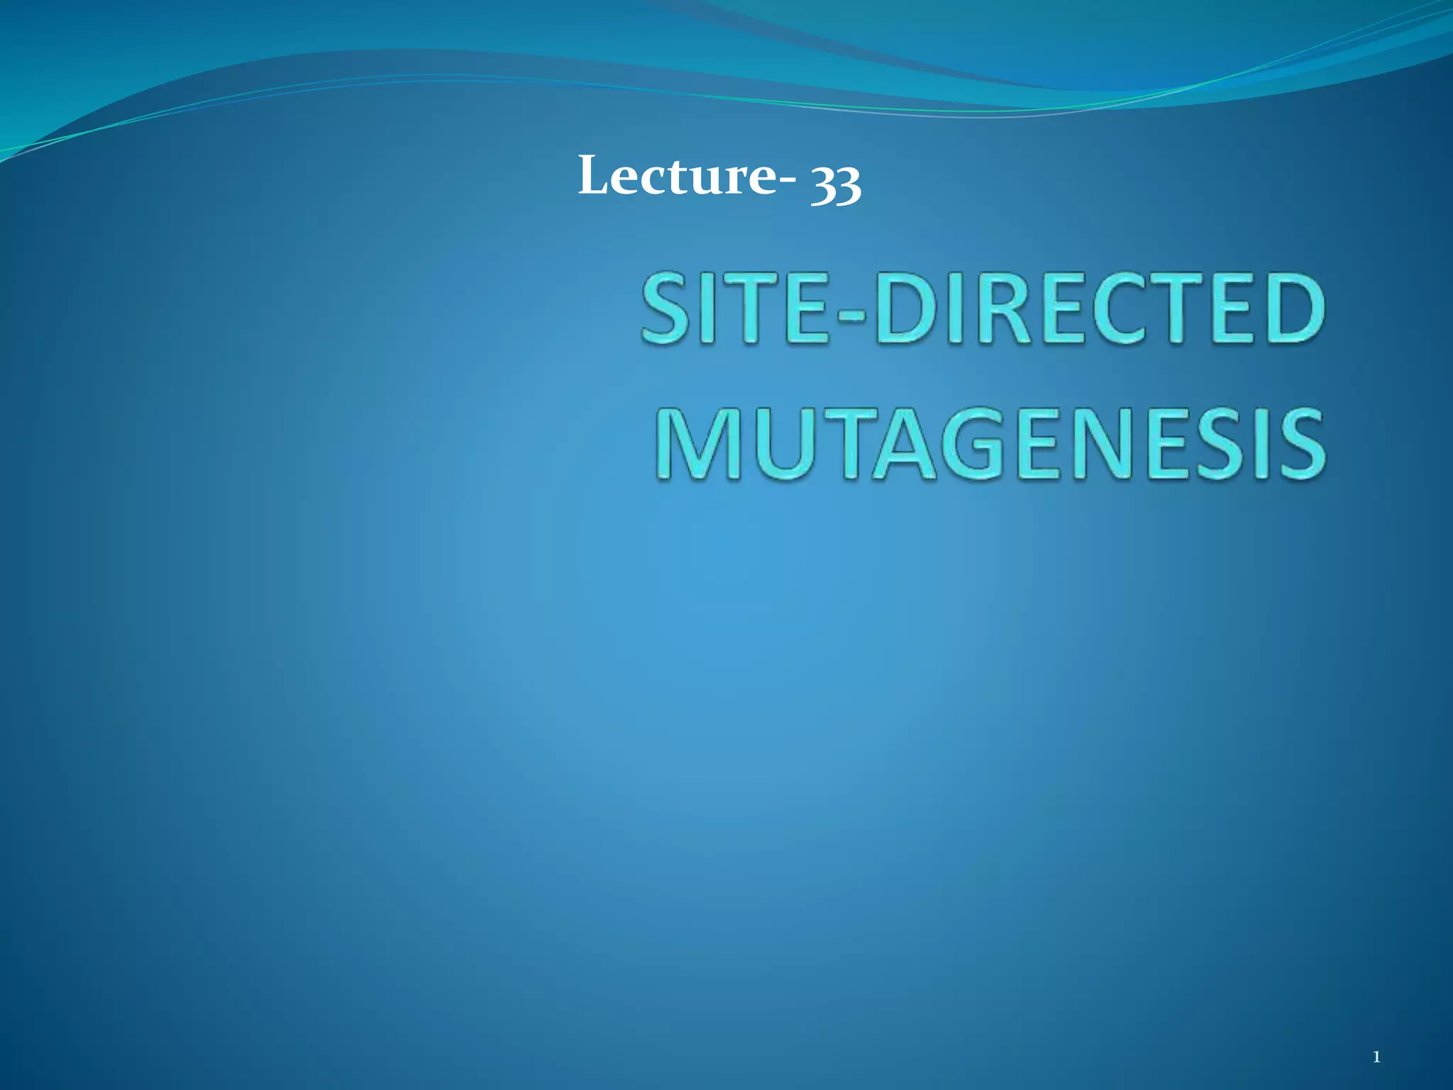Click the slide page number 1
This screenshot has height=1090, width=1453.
[x=1376, y=1057]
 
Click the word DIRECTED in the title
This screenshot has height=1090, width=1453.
[x=1100, y=311]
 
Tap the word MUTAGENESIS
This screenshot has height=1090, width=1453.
[x=989, y=445]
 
